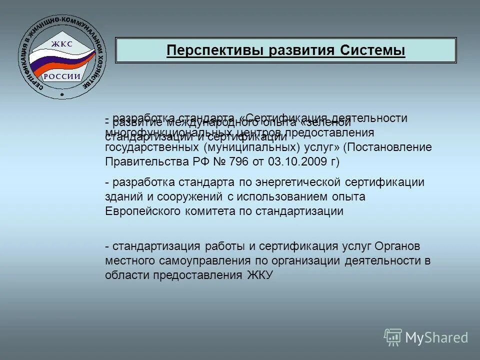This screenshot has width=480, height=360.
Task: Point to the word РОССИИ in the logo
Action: [x=61, y=76]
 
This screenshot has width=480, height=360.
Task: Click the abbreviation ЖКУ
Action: [x=259, y=275]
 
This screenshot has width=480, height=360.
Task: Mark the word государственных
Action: [x=152, y=147]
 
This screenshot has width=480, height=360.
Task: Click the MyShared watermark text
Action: [x=436, y=338]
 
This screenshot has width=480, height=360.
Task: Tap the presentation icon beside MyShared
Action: [x=393, y=337]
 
